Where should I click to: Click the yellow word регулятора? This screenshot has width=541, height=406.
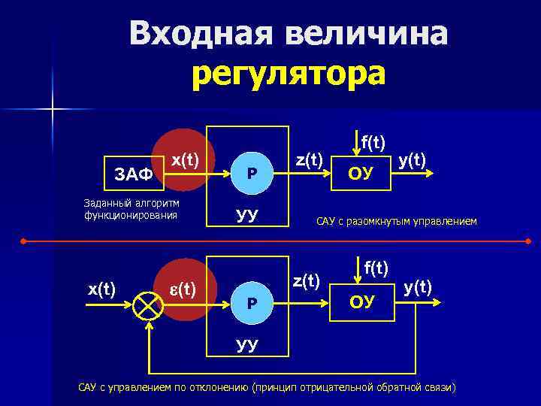[289, 74]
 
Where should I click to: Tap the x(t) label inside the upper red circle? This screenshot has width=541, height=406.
[185, 159]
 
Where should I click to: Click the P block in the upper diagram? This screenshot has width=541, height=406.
[252, 173]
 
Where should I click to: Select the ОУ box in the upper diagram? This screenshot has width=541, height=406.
[361, 174]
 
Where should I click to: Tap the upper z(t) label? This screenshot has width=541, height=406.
[309, 159]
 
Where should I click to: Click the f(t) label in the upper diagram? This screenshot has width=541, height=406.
[373, 141]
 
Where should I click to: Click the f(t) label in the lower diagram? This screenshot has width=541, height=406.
[376, 266]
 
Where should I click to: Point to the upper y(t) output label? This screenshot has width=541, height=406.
[413, 159]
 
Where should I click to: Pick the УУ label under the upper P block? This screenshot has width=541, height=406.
[247, 215]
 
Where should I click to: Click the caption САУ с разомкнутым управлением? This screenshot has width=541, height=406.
[396, 221]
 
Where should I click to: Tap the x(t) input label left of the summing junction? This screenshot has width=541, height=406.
[101, 289]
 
